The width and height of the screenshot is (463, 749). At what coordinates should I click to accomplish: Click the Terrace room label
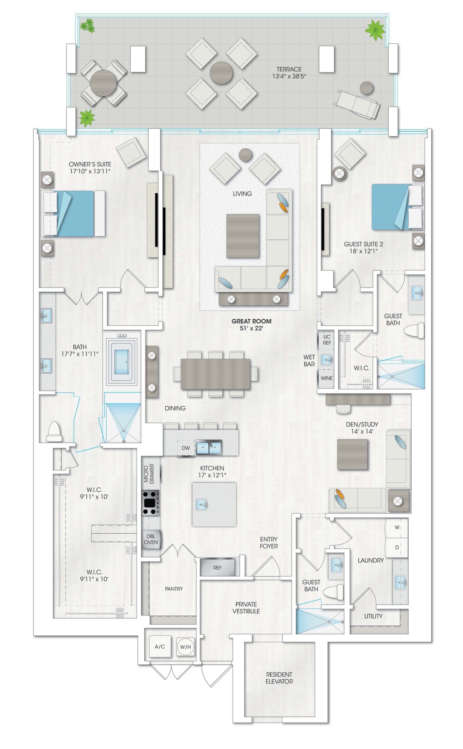289,69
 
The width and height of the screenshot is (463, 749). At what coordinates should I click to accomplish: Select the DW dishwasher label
186,448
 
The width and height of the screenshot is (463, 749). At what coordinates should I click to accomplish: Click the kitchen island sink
202,504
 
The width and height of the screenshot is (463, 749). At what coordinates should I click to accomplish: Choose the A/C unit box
160,646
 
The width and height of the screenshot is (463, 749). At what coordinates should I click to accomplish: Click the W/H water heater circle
185,647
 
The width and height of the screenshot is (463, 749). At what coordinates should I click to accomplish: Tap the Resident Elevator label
279,678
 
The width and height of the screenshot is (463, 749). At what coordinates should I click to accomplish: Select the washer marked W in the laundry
397,528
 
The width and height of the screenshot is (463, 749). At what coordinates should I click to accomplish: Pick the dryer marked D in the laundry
397,548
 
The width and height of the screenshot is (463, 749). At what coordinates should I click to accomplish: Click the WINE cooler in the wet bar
326,378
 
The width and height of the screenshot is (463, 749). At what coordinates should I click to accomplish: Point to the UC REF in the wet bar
327,340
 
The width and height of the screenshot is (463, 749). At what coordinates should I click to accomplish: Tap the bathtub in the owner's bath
122,362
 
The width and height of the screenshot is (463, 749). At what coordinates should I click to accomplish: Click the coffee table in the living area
243,236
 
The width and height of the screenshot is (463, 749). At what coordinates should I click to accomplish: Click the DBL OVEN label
151,539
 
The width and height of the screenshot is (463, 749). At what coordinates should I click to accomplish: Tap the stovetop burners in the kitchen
150,503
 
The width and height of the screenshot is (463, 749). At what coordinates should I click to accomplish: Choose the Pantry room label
174,589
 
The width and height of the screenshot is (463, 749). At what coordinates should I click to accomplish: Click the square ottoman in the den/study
352,454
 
